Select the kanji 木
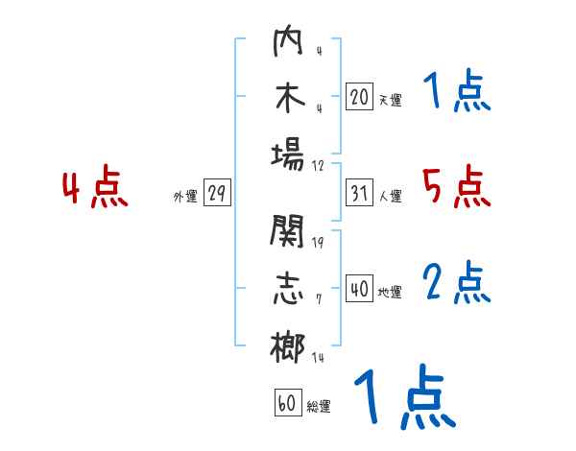[x=288, y=99]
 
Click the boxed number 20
[x=359, y=96]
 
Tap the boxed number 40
[x=359, y=289]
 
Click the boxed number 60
[x=287, y=403]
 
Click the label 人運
[x=390, y=197]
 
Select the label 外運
[x=185, y=197]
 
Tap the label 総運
[x=319, y=407]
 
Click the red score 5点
[x=456, y=187]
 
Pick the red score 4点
[x=95, y=189]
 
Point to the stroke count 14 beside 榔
[x=318, y=357]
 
